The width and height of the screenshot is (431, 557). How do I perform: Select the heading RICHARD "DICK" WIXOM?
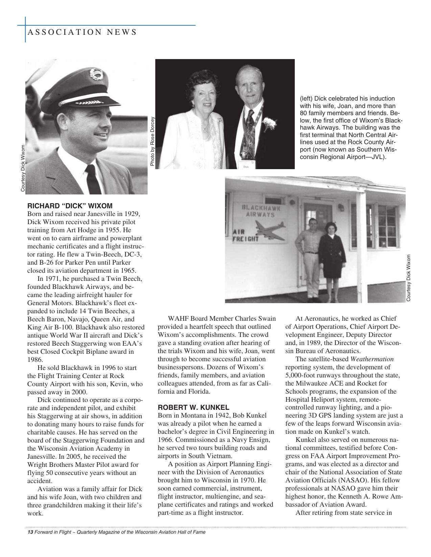[x=70, y=206]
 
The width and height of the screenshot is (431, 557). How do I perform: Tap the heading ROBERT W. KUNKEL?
[x=193, y=407]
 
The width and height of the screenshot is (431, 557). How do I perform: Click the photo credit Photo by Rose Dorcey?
[x=152, y=141]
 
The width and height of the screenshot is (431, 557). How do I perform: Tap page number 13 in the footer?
[x=30, y=532]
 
